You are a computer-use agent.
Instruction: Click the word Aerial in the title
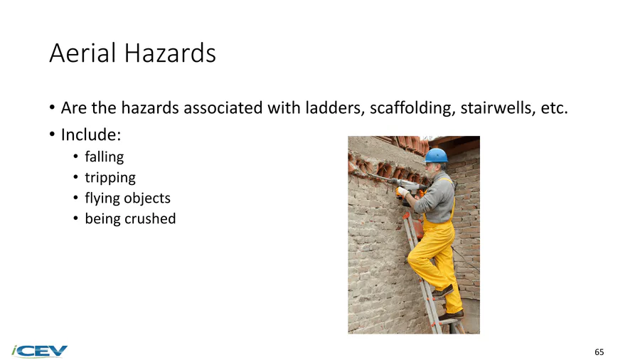(x=82, y=53)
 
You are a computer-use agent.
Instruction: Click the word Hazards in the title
(x=170, y=53)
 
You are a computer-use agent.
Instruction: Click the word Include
(x=91, y=134)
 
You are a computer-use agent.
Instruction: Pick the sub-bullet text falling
(x=104, y=157)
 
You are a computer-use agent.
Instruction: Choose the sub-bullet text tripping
(x=110, y=178)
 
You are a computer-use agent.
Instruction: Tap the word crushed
(x=150, y=219)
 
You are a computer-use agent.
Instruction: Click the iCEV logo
(x=40, y=351)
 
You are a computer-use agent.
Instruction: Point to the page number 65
(x=599, y=352)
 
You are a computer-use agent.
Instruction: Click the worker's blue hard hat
(x=436, y=156)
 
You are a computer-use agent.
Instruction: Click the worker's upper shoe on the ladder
(x=442, y=291)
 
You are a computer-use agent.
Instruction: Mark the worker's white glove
(x=402, y=191)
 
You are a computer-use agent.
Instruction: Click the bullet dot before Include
(x=52, y=134)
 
